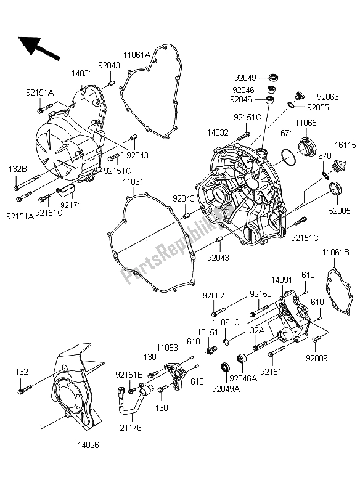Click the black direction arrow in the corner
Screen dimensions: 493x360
click(x=36, y=47)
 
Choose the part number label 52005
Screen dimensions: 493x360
click(x=339, y=210)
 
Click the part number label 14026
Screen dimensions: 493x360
click(x=89, y=444)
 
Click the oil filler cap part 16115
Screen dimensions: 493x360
click(x=338, y=166)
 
